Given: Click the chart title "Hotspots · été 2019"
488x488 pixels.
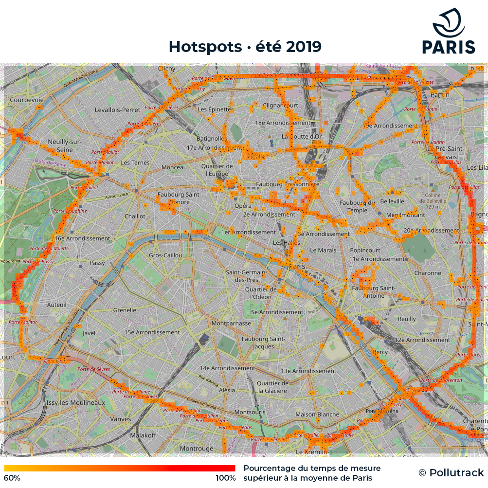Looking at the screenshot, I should [x=245, y=47].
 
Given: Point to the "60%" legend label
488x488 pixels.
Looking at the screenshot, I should [x=12, y=478].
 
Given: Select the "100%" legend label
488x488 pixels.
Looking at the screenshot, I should [x=225, y=478].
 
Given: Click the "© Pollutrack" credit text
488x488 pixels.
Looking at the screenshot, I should [x=451, y=472].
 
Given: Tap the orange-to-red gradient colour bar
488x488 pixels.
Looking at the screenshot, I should [x=120, y=468].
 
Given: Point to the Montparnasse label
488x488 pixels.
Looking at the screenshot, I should [x=231, y=323].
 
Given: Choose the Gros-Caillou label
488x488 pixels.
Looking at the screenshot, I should [x=165, y=255].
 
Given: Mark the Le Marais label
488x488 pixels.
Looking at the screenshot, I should [x=323, y=250].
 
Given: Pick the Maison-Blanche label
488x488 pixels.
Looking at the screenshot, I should [x=317, y=415].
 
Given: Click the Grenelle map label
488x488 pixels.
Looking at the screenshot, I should [x=125, y=310].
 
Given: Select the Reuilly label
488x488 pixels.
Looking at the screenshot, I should [x=407, y=319].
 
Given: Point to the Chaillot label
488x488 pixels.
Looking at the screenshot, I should [x=135, y=216].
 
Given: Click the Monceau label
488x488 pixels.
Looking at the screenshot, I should [x=174, y=167].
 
